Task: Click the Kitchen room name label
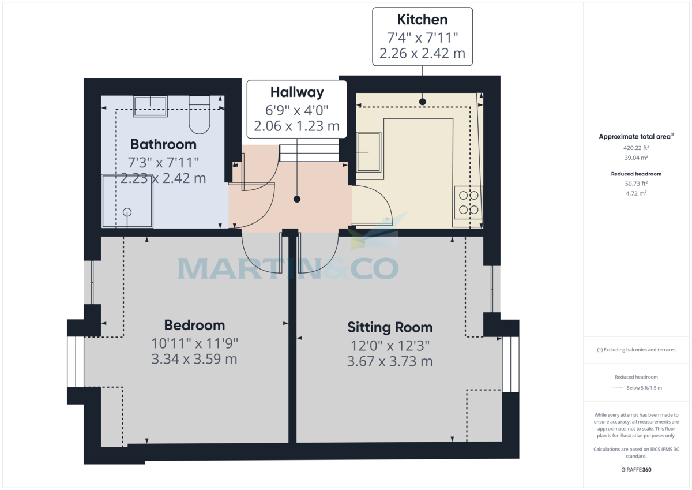coord(422,20)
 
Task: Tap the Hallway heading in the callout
coord(297,92)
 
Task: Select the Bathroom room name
coord(163,144)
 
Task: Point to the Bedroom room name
coord(194,325)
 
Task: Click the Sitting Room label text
coord(389,328)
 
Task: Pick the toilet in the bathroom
coord(200,116)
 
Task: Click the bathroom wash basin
coord(151,106)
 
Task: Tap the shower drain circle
coord(127,212)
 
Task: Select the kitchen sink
coord(368,152)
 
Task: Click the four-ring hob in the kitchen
coord(468,203)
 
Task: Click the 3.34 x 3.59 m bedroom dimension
coord(194,360)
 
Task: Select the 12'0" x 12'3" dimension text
coord(389,346)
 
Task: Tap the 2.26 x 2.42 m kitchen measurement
coord(422,54)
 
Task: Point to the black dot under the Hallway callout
coord(297,199)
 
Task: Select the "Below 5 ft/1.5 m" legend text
coord(644,388)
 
